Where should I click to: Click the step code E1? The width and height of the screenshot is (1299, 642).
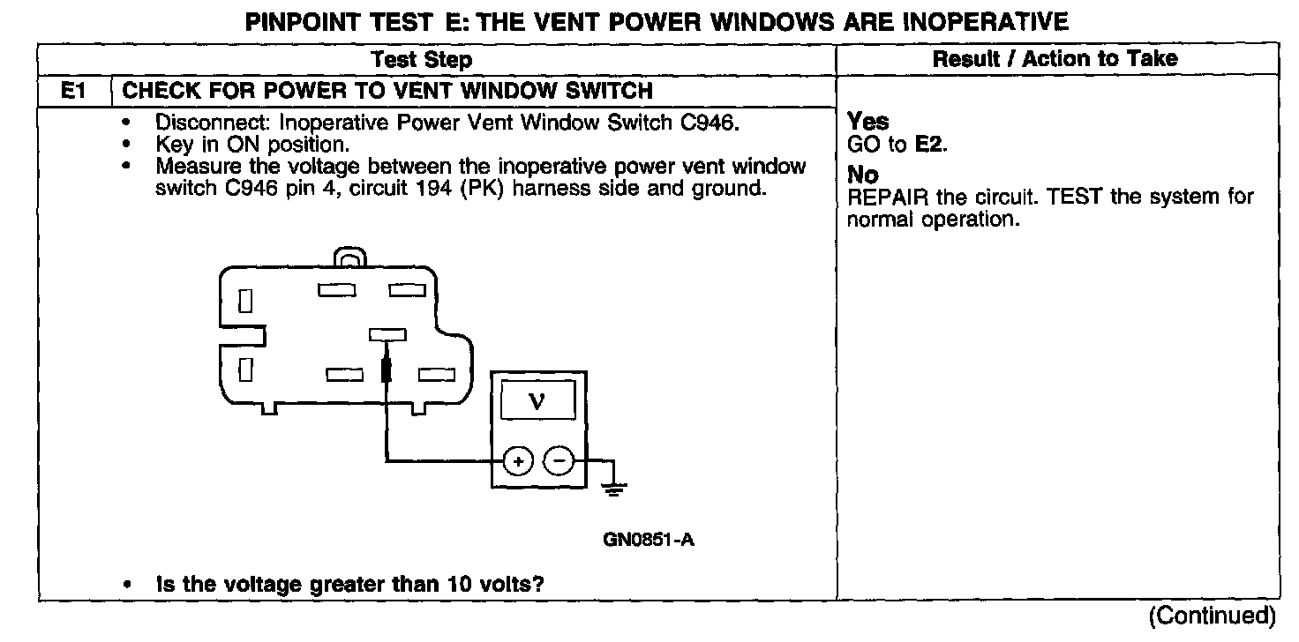72,91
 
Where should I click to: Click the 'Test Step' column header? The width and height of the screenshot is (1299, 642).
422,60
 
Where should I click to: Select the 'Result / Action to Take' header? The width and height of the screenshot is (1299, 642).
1055,59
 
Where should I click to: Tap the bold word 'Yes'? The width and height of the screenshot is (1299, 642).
867,122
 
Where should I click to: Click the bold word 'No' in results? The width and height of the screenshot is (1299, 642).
862,175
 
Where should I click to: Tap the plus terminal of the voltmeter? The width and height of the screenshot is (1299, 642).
518,460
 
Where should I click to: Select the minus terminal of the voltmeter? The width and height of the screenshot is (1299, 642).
557,460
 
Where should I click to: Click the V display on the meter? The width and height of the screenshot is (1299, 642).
537,402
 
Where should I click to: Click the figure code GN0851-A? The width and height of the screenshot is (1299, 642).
648,539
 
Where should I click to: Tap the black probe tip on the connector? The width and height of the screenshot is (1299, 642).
386,369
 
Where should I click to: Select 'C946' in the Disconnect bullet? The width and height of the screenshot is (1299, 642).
709,123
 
